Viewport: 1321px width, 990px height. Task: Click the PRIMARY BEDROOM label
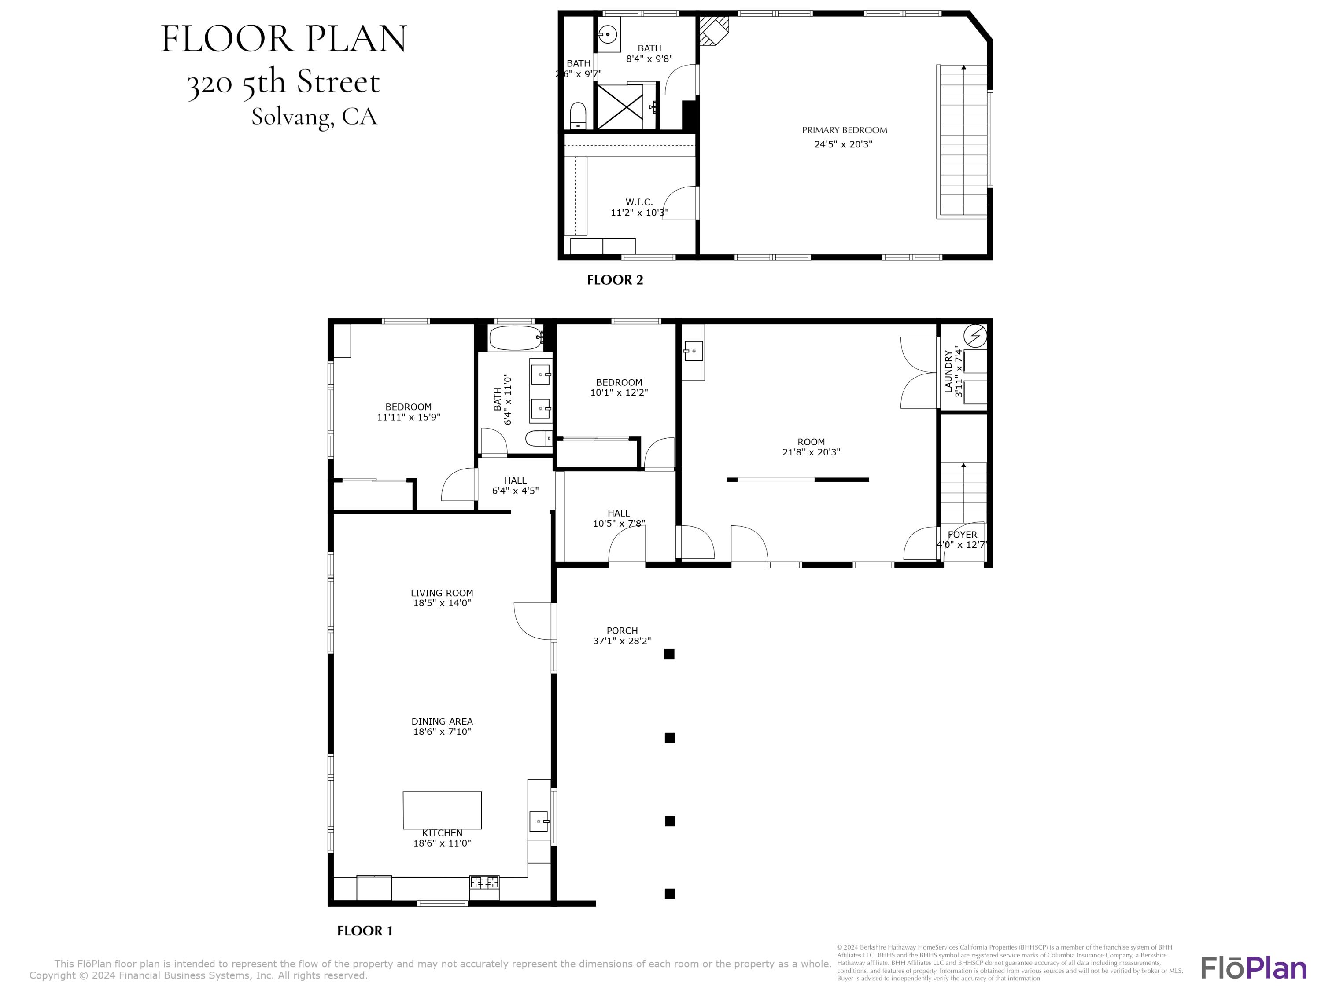[844, 130]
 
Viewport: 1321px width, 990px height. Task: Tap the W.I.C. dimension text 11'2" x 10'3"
[639, 213]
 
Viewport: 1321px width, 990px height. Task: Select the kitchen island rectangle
[442, 810]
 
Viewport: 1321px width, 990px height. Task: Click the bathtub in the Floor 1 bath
[515, 338]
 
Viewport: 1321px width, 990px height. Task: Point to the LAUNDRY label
[948, 371]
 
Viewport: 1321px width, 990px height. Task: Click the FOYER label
[962, 535]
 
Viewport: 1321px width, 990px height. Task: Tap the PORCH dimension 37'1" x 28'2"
[622, 641]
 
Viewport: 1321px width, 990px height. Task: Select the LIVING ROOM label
[442, 593]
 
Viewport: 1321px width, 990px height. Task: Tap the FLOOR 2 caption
[615, 280]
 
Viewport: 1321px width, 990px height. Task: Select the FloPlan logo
[1253, 968]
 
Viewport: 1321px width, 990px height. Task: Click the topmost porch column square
[669, 654]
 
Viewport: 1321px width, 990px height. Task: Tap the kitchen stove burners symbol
[484, 882]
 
